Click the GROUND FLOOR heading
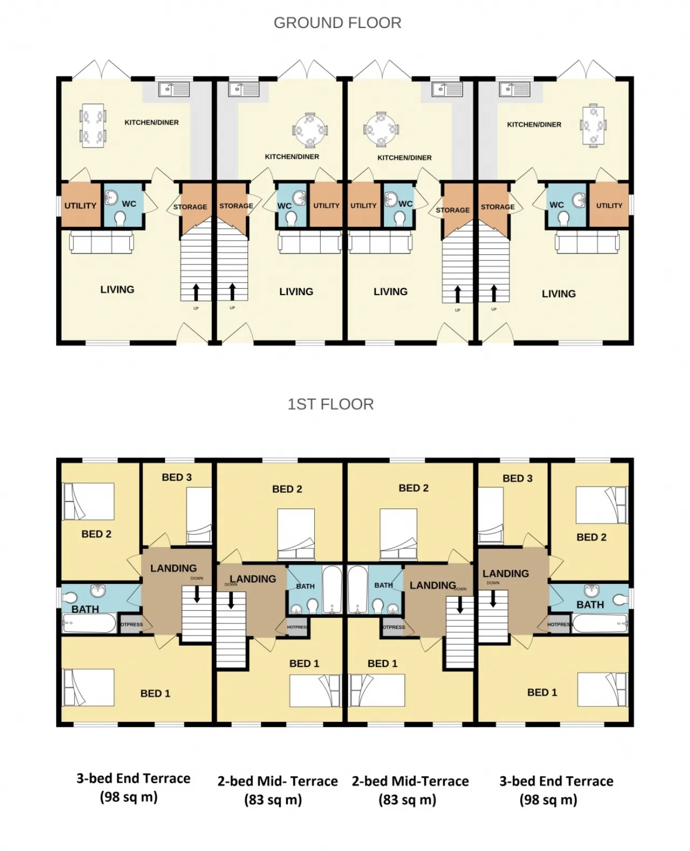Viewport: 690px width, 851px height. pos(337,23)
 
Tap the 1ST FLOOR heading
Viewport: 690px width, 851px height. pos(330,404)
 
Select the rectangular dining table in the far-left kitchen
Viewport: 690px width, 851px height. pos(93,125)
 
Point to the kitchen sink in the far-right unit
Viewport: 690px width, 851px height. pos(515,89)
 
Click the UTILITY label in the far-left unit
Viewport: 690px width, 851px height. pos(80,206)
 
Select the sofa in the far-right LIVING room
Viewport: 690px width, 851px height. pos(588,243)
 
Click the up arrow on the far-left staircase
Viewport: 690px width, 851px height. pos(196,292)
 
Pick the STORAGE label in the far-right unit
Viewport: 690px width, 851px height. pos(498,207)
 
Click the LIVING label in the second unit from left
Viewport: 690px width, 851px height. pos(296,291)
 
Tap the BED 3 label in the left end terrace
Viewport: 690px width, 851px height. pos(176,477)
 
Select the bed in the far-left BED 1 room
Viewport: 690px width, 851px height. pos(89,687)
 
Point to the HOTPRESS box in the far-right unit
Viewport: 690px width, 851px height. pos(560,625)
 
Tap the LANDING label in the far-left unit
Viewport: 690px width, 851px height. pos(173,568)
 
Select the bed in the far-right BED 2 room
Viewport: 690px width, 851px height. pos(602,505)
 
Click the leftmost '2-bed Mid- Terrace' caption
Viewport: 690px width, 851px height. pos(278,781)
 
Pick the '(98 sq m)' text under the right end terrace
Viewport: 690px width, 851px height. pos(548,800)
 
